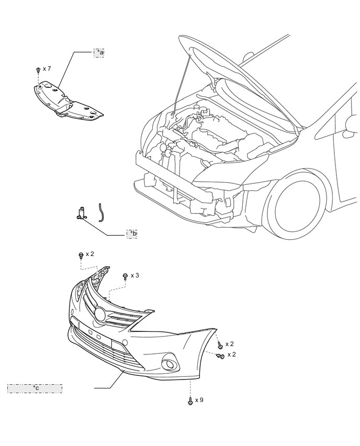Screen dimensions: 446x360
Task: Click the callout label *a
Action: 99,52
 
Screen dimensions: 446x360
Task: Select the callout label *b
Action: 132,233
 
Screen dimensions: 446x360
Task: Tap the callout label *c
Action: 35,388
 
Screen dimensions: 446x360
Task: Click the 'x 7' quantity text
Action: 47,69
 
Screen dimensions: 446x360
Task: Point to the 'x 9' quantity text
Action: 199,400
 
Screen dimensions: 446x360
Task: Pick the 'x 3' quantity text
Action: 135,275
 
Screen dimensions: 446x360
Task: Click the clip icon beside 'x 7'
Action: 38,70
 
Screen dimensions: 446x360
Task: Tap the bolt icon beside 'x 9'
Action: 189,401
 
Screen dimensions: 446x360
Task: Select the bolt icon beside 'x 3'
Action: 125,276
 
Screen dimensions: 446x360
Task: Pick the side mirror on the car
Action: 350,128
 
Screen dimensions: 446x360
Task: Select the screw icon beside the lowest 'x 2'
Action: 220,356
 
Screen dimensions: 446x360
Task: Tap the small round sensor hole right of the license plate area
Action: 125,342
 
